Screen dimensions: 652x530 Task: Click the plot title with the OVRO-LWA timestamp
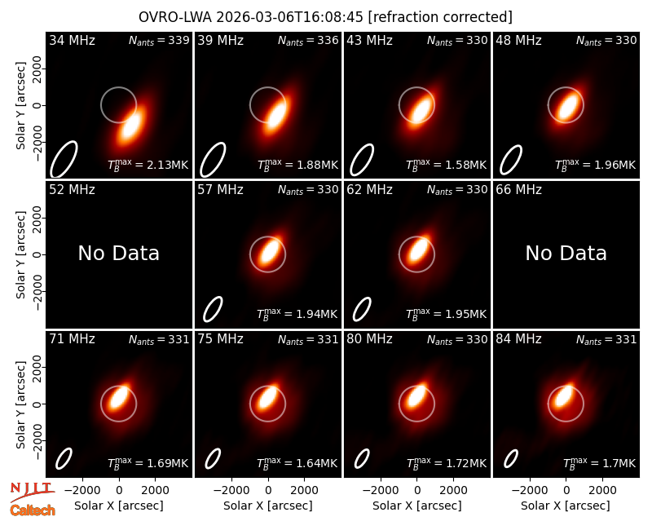(325, 17)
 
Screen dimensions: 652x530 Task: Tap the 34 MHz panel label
(72, 40)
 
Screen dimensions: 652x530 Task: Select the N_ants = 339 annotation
(159, 40)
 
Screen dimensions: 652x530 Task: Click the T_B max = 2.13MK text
(148, 165)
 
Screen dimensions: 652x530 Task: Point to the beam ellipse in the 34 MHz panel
(64, 159)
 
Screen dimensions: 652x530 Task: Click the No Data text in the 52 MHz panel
(119, 253)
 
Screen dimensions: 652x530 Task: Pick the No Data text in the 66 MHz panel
(566, 253)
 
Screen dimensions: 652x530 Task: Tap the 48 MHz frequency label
(518, 40)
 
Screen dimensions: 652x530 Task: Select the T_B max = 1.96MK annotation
(596, 165)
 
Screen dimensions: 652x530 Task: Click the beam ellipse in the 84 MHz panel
(511, 459)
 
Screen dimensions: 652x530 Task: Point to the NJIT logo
(32, 492)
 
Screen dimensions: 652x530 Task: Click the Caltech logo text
(33, 510)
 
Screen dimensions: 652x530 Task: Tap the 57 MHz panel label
(220, 190)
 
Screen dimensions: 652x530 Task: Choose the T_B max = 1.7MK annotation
(600, 463)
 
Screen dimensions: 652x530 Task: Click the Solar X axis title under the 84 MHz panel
(566, 506)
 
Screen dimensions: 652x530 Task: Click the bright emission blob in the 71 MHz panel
(120, 397)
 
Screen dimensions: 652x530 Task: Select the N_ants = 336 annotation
(308, 40)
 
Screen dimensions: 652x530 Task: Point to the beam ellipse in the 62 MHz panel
(362, 309)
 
